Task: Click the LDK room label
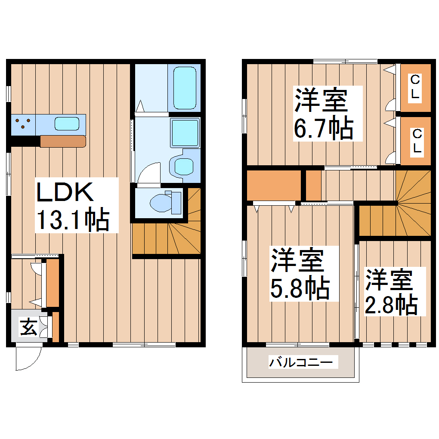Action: coord(65,192)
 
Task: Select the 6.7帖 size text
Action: coord(323,128)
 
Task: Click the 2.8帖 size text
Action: coord(391,304)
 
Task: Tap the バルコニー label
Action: coord(301,363)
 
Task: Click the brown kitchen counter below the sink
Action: coord(63,141)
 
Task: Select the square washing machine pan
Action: coord(185,132)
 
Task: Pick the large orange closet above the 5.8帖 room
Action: coord(273,185)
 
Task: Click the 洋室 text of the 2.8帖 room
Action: coord(390,280)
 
